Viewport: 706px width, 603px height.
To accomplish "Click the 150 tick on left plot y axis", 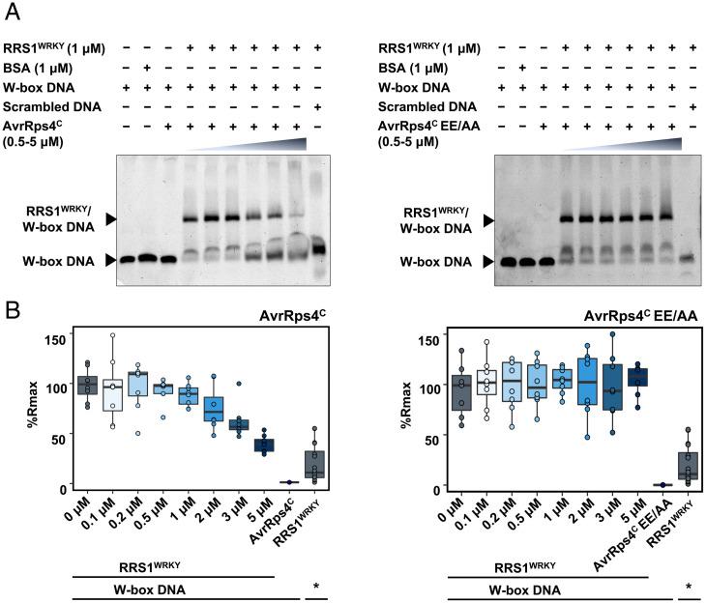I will click(61, 337).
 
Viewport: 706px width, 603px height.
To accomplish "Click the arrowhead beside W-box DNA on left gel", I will click(110, 259).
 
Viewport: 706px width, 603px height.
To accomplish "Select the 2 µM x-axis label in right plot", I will click(580, 508).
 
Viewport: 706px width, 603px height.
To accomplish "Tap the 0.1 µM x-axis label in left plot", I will click(107, 511).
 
